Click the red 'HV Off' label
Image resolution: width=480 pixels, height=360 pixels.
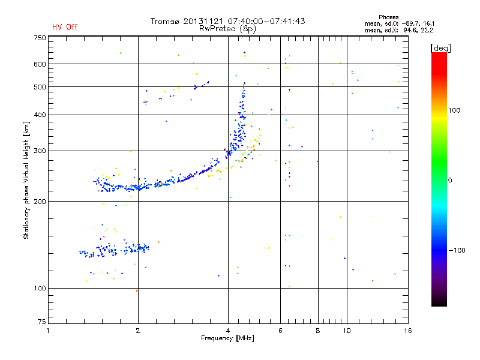point(65,27)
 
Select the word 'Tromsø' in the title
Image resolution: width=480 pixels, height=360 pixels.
point(166,21)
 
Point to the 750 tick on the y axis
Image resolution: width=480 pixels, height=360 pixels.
point(40,37)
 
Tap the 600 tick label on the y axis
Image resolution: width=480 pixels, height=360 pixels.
point(40,64)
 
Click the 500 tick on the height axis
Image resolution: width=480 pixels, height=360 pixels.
point(40,86)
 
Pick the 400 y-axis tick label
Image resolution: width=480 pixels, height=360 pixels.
point(40,115)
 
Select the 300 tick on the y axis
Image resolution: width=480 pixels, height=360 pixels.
point(40,151)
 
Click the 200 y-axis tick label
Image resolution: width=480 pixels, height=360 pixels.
point(40,201)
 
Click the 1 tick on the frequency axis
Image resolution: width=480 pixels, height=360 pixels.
point(48,331)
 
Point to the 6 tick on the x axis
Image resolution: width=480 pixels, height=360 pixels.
point(280,331)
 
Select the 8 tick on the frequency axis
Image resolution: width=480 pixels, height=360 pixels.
point(318,331)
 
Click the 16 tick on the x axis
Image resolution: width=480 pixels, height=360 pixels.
point(407,331)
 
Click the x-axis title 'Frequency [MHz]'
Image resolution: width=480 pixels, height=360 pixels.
point(227,339)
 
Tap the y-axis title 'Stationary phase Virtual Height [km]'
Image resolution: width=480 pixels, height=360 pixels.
point(26,180)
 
